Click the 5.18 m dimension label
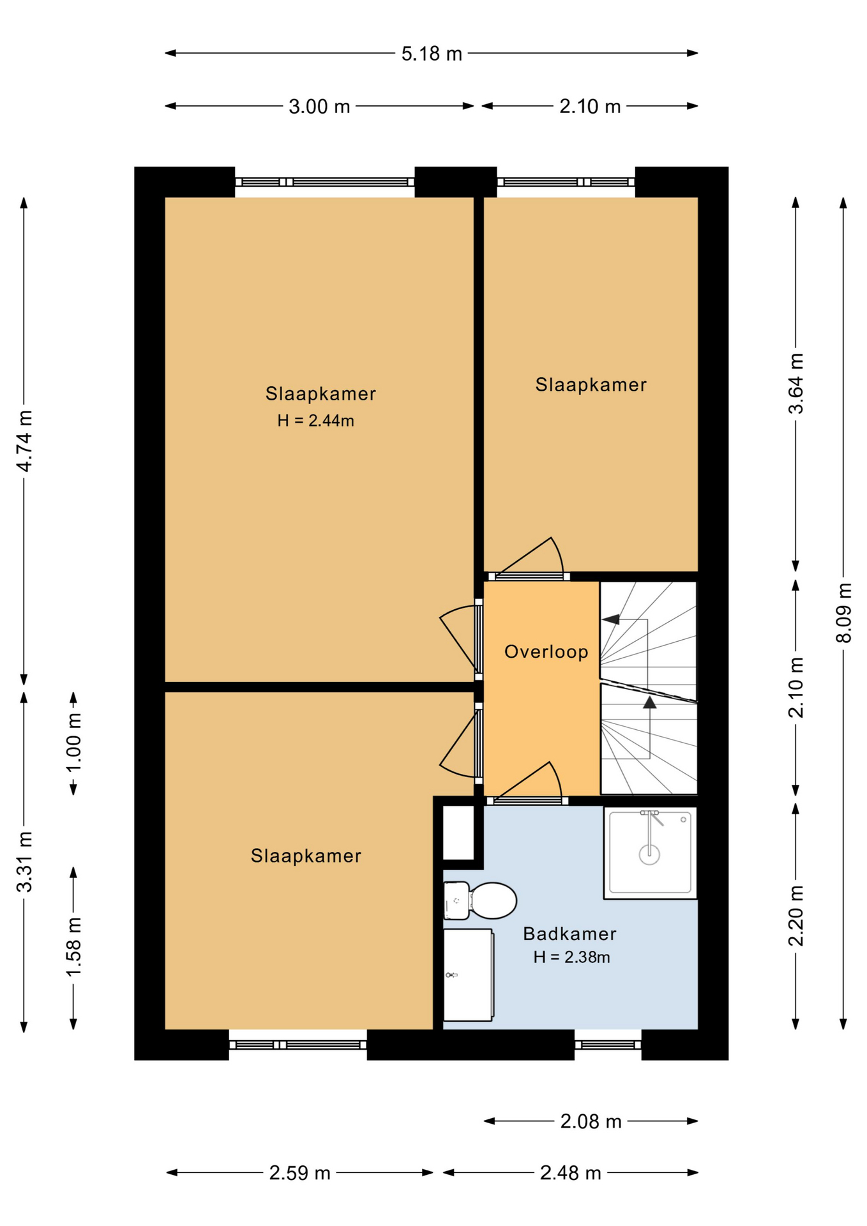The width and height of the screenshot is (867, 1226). [x=432, y=54]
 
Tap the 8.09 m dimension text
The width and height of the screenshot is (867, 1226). [x=844, y=612]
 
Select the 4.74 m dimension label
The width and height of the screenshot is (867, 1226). [x=24, y=441]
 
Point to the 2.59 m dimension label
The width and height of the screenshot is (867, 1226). [x=299, y=1172]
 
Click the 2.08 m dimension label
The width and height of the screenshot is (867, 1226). [x=591, y=1121]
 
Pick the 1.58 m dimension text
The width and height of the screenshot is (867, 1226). [x=74, y=947]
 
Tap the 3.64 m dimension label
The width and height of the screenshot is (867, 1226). [x=796, y=384]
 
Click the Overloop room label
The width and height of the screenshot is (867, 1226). [x=547, y=652]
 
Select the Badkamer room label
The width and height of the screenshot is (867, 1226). [x=569, y=934]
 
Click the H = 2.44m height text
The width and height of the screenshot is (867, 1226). [x=315, y=421]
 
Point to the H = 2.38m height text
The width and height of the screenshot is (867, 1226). [x=571, y=957]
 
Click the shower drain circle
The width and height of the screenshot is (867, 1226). [x=649, y=854]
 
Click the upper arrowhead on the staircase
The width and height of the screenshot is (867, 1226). [x=611, y=619]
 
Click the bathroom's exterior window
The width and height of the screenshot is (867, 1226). [x=608, y=1045]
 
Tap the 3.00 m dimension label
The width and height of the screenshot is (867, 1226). [x=319, y=106]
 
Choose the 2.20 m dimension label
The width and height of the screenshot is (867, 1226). [x=796, y=916]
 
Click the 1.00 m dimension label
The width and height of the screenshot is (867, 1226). [x=74, y=743]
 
